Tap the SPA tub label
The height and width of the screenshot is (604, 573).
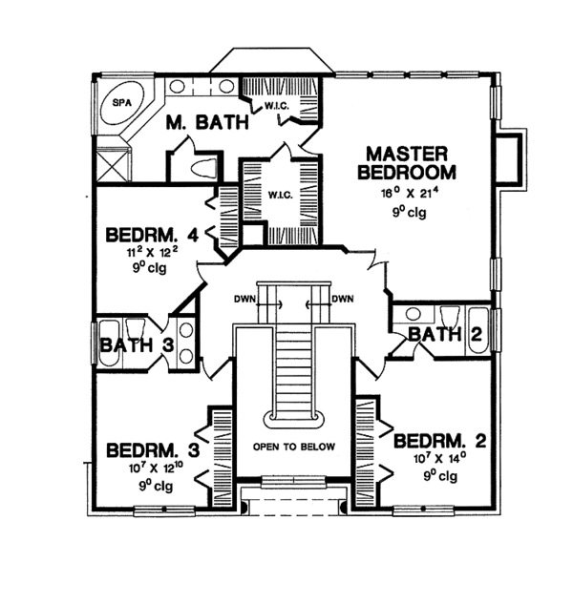[123, 101]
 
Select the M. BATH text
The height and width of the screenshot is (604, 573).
[207, 122]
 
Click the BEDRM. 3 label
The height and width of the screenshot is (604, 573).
[152, 449]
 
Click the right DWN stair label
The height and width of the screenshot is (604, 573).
[342, 300]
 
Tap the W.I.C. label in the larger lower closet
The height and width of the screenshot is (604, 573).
[281, 196]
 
